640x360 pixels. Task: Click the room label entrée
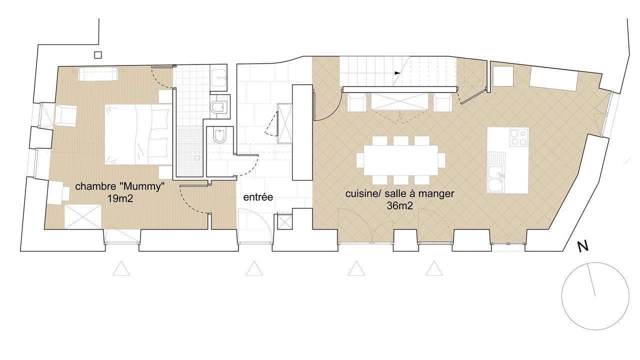[x=258, y=197]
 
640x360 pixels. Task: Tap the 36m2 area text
[x=399, y=205]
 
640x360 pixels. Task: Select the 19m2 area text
[x=120, y=198]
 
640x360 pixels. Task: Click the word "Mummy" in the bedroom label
[x=142, y=186]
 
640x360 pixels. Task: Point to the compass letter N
[x=583, y=246]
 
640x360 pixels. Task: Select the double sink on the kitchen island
[x=496, y=172]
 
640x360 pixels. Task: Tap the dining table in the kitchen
[x=401, y=160]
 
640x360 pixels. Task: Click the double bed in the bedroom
[x=138, y=134]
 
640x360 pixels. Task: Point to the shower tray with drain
[x=190, y=152]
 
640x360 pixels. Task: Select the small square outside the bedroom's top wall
[x=98, y=55]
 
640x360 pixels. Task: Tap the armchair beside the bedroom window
[x=65, y=115]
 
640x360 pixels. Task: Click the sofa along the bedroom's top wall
[x=98, y=74]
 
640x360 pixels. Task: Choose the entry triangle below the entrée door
[x=254, y=268]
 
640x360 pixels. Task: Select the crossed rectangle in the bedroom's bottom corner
[x=83, y=216]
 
